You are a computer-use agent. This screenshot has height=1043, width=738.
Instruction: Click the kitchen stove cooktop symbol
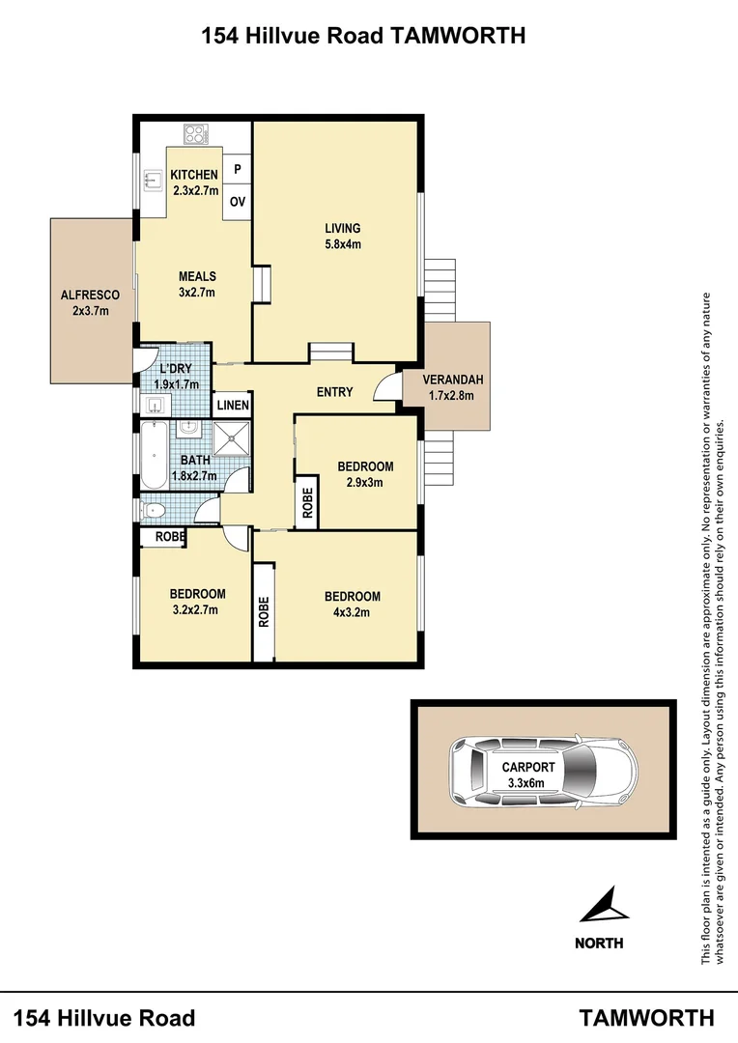[x=197, y=135]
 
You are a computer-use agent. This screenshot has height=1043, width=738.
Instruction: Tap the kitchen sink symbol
[x=152, y=178]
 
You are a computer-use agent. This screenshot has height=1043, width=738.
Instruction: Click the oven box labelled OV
[x=238, y=202]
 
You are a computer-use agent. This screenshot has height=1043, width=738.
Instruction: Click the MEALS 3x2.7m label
[x=196, y=285]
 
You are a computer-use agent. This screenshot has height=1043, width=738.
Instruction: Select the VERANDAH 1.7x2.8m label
[x=452, y=387]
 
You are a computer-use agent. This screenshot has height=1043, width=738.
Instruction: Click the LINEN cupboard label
[x=233, y=406]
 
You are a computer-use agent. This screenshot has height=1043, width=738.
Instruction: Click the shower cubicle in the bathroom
[x=232, y=441]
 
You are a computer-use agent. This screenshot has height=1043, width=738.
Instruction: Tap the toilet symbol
[x=155, y=509]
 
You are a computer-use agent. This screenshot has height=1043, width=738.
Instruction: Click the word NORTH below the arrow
[x=599, y=944]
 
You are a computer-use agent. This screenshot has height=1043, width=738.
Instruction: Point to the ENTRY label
[x=335, y=392]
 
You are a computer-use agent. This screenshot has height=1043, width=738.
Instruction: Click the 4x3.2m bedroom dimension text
[x=352, y=611]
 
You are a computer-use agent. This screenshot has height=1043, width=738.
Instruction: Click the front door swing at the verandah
[x=386, y=384]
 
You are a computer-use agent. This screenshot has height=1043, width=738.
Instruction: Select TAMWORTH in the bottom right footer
[x=646, y=1017]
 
